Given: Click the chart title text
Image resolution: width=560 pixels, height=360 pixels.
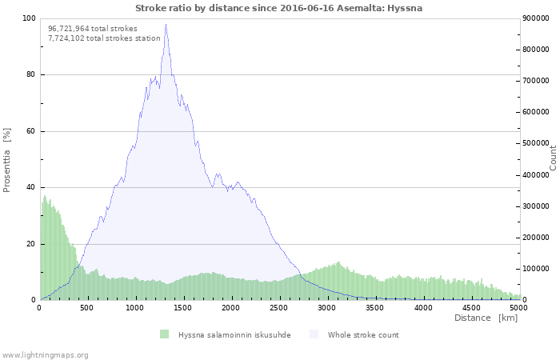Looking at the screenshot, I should point(279,8).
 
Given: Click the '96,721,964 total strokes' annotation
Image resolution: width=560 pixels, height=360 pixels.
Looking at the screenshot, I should point(93,28).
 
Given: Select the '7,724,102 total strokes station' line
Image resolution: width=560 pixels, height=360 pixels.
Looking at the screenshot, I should point(104,38).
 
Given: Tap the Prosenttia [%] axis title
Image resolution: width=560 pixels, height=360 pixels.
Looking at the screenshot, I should point(7,159).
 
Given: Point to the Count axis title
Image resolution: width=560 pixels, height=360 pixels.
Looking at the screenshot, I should point(553,158).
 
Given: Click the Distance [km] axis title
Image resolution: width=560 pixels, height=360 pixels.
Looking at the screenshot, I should point(486,318).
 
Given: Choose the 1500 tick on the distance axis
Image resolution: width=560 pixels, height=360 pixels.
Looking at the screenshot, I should point(182,307).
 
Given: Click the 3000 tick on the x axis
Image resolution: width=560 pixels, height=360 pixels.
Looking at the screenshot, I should point(326,307).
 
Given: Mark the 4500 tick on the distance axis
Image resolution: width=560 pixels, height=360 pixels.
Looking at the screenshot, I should point(470,307).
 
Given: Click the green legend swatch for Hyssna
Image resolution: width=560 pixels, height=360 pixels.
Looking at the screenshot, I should point(164,334).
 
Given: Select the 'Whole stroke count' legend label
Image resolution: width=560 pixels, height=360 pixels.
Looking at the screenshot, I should point(363,334).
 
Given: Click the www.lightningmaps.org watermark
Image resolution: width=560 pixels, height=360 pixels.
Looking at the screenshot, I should point(45,354).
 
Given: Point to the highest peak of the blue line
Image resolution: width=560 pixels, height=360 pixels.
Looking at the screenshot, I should point(166,25).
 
